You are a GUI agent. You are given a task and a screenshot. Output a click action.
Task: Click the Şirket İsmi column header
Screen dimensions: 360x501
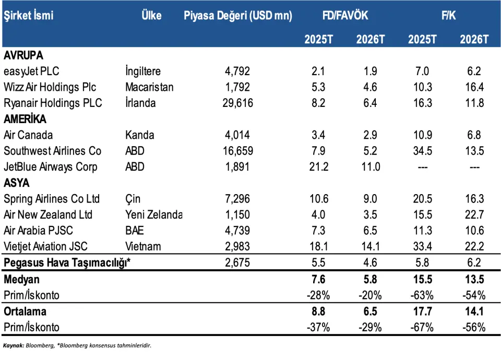click(x=28, y=16)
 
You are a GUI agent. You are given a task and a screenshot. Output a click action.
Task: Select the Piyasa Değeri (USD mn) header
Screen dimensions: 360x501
click(x=237, y=16)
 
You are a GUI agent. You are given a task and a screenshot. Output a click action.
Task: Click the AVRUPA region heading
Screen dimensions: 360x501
click(x=23, y=55)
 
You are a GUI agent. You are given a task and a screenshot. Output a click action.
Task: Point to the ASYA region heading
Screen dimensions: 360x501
click(x=16, y=183)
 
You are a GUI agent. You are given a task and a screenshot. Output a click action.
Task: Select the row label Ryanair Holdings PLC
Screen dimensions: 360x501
click(x=53, y=103)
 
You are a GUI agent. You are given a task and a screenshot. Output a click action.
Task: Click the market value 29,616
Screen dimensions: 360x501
click(x=237, y=103)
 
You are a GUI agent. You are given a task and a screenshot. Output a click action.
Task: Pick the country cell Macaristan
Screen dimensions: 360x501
click(x=149, y=87)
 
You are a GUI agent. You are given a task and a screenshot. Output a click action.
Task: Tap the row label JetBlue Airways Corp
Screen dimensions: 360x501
click(x=50, y=167)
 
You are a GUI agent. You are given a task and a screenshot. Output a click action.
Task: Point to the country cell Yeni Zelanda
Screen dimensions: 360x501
click(x=154, y=214)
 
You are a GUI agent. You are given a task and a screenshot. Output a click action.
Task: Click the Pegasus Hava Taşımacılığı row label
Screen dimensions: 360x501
click(x=67, y=263)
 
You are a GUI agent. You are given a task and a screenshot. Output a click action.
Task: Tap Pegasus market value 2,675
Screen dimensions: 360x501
click(x=237, y=263)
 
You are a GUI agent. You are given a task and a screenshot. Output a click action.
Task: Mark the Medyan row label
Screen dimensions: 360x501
click(x=21, y=280)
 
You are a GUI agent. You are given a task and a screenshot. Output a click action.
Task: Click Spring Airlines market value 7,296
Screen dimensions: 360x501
click(x=237, y=199)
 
